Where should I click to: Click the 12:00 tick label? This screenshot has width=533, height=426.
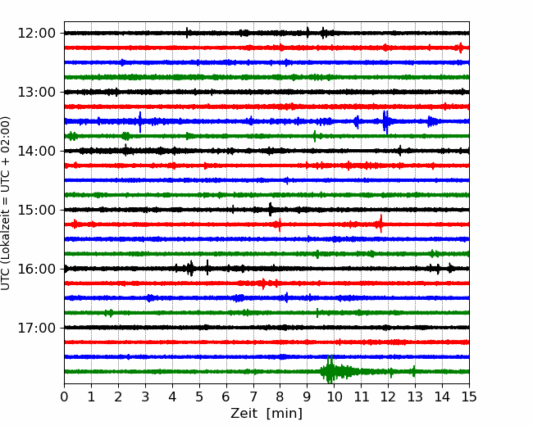[x=36, y=34]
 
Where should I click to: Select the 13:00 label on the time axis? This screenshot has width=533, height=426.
[x=36, y=92]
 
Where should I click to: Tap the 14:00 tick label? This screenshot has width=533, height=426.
[x=36, y=151]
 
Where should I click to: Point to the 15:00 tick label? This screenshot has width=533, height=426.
[x=36, y=210]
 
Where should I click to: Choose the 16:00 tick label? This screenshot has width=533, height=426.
[x=36, y=269]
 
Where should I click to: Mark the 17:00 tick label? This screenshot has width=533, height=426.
[x=36, y=328]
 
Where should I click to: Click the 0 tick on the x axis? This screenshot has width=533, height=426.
[x=64, y=397]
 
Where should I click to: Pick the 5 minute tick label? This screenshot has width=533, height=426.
[x=199, y=397]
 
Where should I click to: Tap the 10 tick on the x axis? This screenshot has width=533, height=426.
[x=334, y=397]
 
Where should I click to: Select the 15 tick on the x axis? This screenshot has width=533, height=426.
[x=469, y=397]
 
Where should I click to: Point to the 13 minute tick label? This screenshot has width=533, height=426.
[x=415, y=397]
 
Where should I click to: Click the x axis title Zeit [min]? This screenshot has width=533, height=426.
[x=266, y=414]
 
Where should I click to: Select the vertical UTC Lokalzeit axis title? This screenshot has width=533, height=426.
[x=6, y=203]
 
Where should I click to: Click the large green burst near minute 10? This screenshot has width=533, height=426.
[x=330, y=369]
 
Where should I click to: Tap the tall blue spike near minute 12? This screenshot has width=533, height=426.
[x=385, y=121]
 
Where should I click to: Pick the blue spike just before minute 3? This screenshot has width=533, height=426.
[x=140, y=121]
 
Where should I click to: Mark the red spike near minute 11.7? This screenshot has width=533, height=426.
[x=380, y=224]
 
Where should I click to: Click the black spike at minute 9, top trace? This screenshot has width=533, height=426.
[x=307, y=33]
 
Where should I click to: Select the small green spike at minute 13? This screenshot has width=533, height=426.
[x=413, y=371]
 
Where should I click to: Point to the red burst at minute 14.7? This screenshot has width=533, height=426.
[x=461, y=48]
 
